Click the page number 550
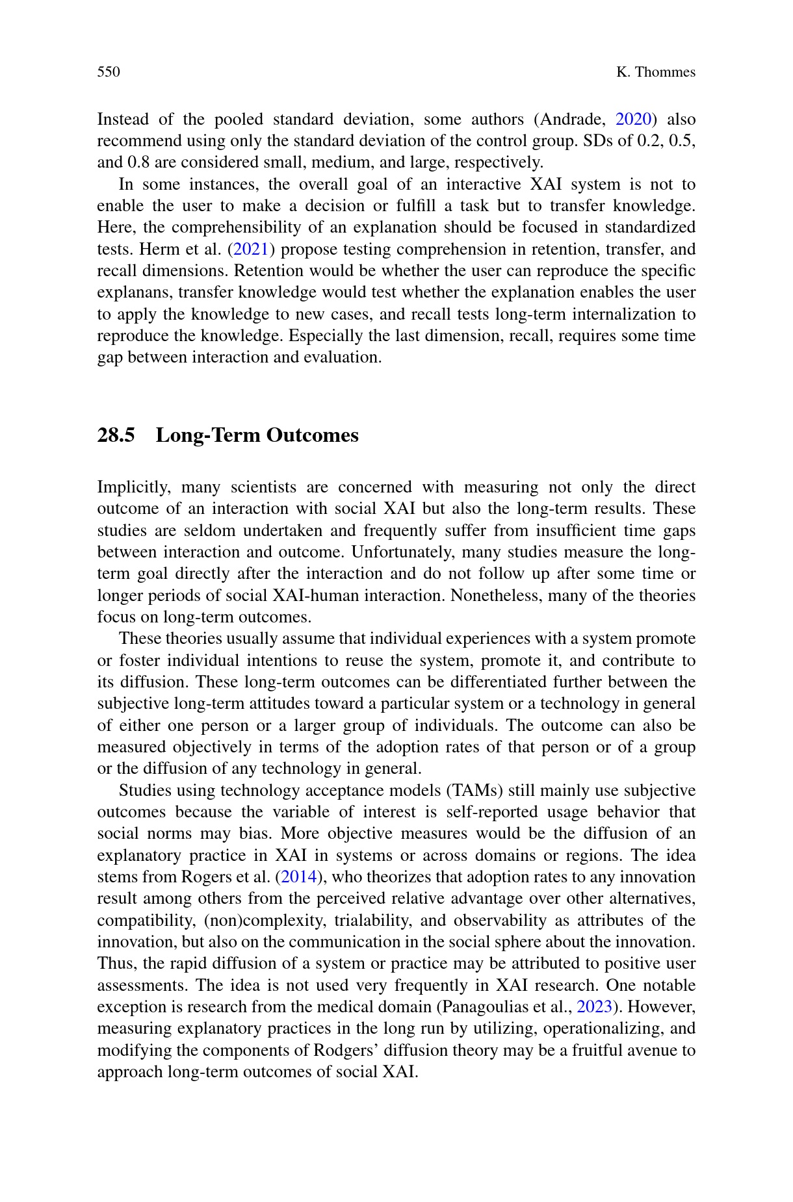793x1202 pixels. [x=109, y=72]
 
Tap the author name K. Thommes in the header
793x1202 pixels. [x=655, y=72]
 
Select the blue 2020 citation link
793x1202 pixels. [x=634, y=120]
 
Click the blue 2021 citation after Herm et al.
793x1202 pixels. [x=251, y=249]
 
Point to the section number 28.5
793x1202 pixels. [x=116, y=435]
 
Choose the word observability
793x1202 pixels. [x=500, y=921]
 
